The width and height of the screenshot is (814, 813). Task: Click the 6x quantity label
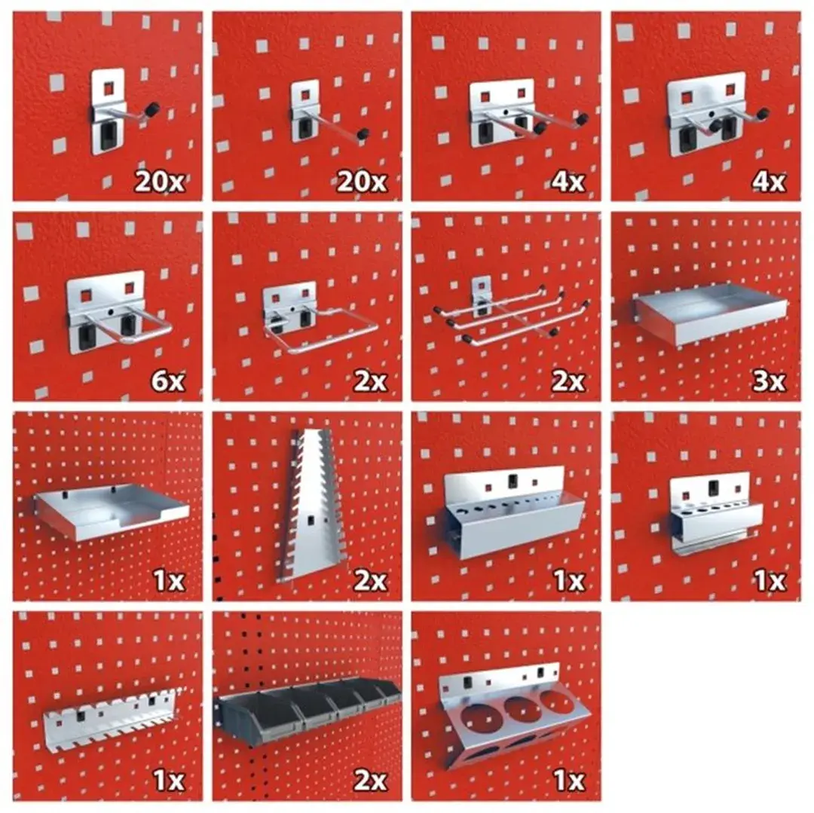pyautogui.click(x=167, y=381)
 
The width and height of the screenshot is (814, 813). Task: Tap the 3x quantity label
pyautogui.click(x=769, y=381)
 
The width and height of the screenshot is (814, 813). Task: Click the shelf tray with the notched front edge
pyautogui.click(x=111, y=512)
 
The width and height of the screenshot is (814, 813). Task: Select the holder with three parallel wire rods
pyautogui.click(x=511, y=311)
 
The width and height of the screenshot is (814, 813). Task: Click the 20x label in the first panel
pyautogui.click(x=159, y=182)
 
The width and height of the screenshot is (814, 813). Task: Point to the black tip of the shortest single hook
pyautogui.click(x=152, y=109)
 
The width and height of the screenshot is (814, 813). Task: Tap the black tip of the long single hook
pyautogui.click(x=363, y=134)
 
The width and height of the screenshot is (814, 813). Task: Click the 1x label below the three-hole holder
pyautogui.click(x=570, y=780)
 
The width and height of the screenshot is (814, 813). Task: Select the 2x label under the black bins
pyautogui.click(x=369, y=780)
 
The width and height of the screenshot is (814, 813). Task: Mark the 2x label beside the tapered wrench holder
pyautogui.click(x=369, y=581)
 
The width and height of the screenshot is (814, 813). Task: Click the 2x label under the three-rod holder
pyautogui.click(x=568, y=381)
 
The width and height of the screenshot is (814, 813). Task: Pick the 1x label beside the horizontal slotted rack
pyautogui.click(x=169, y=780)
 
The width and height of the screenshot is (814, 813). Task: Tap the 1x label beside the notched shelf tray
pyautogui.click(x=169, y=581)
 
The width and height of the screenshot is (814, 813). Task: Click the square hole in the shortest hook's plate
pyautogui.click(x=109, y=89)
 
